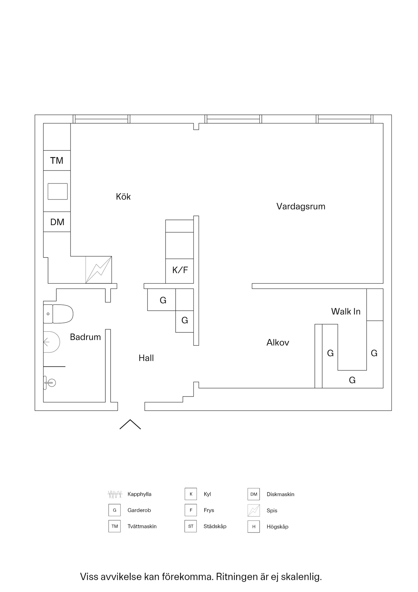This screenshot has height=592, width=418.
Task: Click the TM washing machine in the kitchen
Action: point(57,160)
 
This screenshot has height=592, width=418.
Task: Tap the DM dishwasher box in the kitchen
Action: point(57,222)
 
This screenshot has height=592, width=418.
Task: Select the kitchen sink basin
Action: point(58,191)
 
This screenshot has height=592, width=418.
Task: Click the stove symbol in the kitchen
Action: point(99,270)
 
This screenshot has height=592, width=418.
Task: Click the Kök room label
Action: point(123,197)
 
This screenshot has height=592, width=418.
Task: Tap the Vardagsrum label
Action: point(301,206)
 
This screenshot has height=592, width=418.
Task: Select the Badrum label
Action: point(85,337)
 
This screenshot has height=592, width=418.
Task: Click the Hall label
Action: point(146,358)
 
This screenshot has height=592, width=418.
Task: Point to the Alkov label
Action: point(278,343)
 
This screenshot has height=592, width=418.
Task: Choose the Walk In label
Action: point(346,311)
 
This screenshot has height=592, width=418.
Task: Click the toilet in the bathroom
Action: point(59,314)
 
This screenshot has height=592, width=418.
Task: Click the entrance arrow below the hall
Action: point(130,424)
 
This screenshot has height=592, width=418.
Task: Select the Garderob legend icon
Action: point(114,510)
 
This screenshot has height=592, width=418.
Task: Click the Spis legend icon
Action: point(254,510)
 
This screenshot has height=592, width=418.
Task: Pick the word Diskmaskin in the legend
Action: point(280,494)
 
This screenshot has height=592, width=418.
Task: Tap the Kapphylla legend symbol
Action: point(115,494)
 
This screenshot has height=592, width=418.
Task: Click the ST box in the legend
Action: point(191,526)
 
